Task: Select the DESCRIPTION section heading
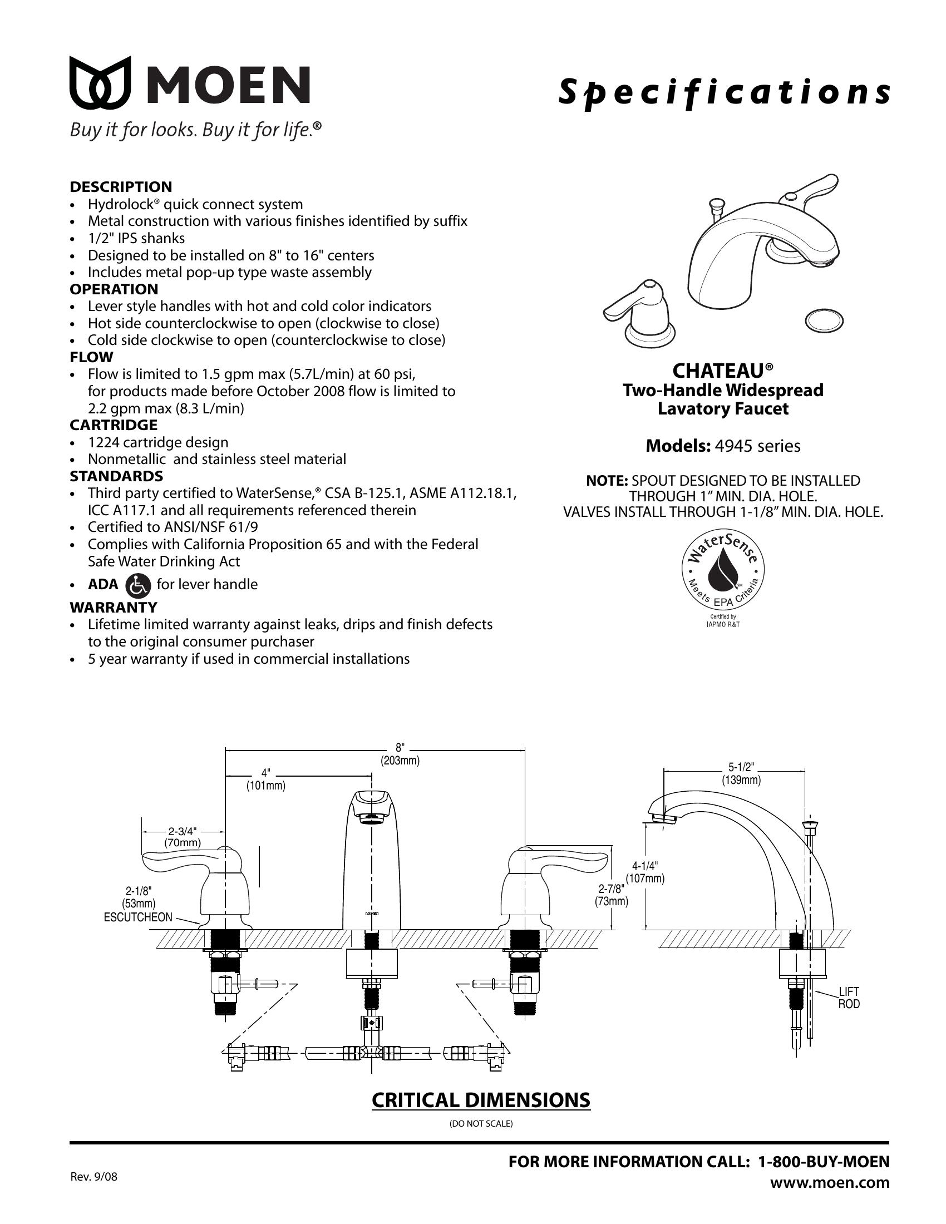121,186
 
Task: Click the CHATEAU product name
723,371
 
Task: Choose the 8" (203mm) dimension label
400,754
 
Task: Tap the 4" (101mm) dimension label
265,779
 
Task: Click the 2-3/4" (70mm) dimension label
182,837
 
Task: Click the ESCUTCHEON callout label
138,917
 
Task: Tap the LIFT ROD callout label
849,998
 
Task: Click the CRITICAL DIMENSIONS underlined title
481,1100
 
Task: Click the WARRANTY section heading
113,608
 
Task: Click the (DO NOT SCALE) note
481,1124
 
